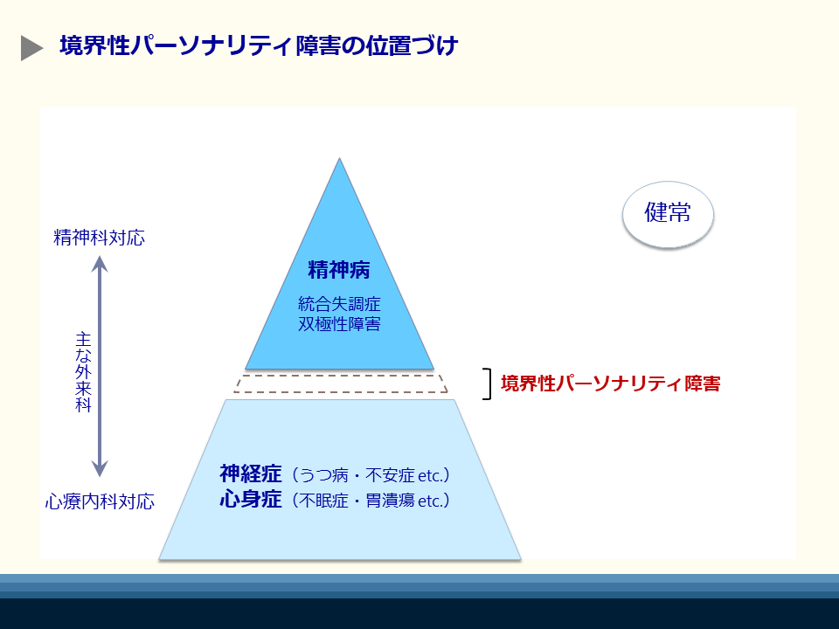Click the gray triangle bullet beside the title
click(31, 48)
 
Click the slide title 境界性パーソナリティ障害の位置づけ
click(258, 46)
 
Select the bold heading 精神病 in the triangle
click(339, 269)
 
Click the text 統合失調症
click(339, 305)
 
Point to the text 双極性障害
click(339, 324)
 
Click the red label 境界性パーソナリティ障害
click(610, 384)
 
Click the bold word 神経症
click(250, 474)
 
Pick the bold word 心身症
click(250, 501)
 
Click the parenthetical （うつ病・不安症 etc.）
click(371, 475)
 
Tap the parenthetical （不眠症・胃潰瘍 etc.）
click(371, 501)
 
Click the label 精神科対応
click(99, 238)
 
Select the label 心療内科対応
click(100, 502)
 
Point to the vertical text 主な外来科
click(83, 371)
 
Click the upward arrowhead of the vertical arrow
click(101, 265)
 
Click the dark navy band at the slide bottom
click(419, 613)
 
